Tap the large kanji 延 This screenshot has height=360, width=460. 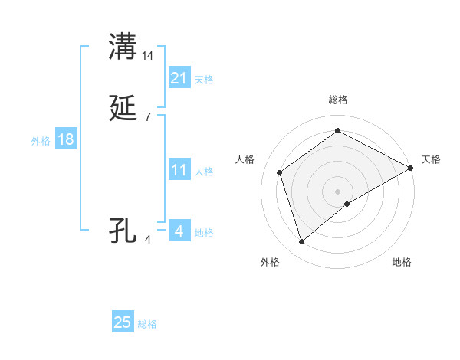point(123,109)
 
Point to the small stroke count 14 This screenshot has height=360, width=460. point(148,56)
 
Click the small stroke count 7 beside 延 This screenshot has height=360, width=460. point(147,117)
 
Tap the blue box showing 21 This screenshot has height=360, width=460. point(179,78)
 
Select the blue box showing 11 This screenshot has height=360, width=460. point(179,170)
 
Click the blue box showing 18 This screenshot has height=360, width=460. point(66,139)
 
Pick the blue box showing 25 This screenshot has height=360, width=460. point(123,322)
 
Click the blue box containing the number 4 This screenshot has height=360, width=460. point(179,231)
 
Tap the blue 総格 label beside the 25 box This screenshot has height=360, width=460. point(147,324)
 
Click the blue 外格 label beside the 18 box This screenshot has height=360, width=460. point(41,141)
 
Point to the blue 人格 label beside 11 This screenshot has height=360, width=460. point(205,172)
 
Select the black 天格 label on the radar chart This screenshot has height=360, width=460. point(431,159)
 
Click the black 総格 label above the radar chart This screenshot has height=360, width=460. point(338,100)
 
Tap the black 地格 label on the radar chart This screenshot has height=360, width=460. point(402,262)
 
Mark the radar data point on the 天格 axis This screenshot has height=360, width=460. point(411,168)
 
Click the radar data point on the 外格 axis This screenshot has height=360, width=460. point(301,242)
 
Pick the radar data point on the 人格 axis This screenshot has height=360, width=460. point(280,172)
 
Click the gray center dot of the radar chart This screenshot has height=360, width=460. point(338,191)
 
